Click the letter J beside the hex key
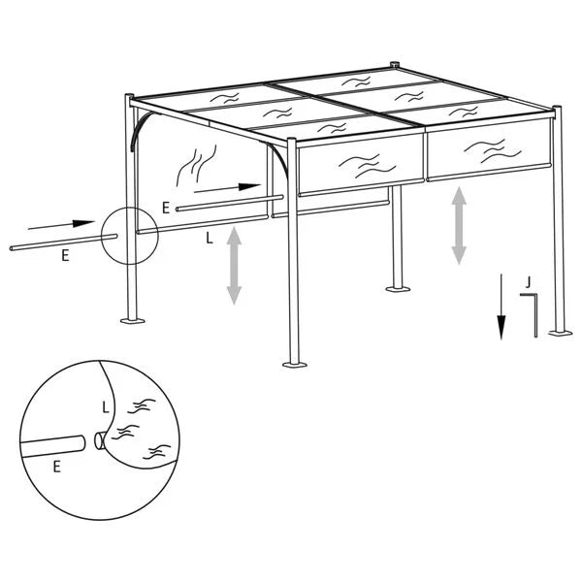[x=527, y=281]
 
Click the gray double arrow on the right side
[x=459, y=226]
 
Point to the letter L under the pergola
[x=210, y=236]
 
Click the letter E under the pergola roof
[x=167, y=207]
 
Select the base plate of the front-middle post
[x=294, y=364]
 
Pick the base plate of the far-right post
[x=560, y=332]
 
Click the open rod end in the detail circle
[x=101, y=441]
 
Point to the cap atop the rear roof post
[x=394, y=66]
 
